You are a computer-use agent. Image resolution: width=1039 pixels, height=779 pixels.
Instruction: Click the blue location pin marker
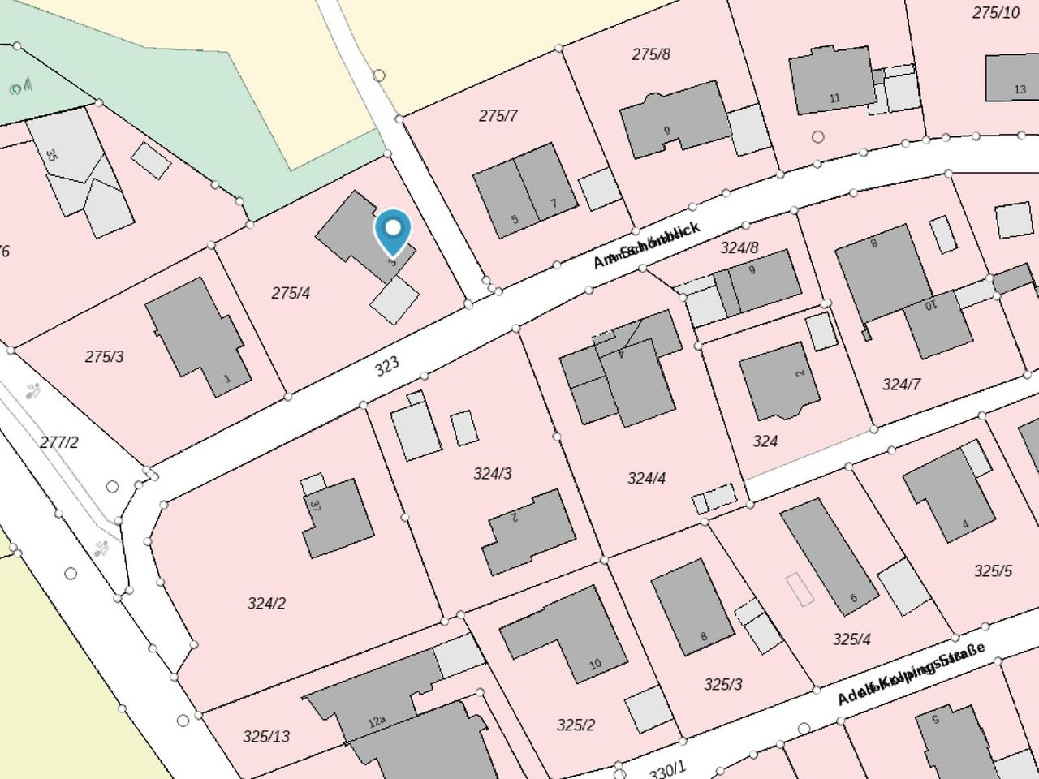393,231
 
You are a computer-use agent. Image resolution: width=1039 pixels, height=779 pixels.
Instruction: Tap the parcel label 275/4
291,293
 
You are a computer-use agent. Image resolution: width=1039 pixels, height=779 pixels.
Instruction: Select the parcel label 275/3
104,356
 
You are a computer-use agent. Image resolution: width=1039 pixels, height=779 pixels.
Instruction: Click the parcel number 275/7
498,116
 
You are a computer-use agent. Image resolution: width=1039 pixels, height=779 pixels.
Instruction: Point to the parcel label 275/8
651,54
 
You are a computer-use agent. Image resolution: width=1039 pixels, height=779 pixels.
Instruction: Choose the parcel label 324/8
739,247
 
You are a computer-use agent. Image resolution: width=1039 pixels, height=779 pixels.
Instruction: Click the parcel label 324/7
901,384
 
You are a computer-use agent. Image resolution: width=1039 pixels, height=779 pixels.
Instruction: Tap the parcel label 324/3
493,473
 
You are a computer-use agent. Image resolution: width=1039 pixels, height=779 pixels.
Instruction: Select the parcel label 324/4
646,478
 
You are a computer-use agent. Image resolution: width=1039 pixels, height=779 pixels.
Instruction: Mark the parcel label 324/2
266,603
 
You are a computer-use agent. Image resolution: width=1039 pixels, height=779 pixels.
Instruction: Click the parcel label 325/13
266,736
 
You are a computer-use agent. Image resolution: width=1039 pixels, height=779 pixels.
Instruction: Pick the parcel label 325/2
576,725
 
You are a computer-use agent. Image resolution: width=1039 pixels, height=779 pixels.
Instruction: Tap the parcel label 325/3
722,684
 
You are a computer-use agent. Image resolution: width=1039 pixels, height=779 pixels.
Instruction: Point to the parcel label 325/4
851,639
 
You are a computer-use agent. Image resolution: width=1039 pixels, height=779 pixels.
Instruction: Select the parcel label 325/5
992,570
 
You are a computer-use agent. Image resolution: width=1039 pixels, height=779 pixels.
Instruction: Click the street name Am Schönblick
646,245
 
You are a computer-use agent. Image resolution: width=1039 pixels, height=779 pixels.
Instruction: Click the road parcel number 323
387,366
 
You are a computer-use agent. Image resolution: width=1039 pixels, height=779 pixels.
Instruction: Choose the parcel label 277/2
59,442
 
